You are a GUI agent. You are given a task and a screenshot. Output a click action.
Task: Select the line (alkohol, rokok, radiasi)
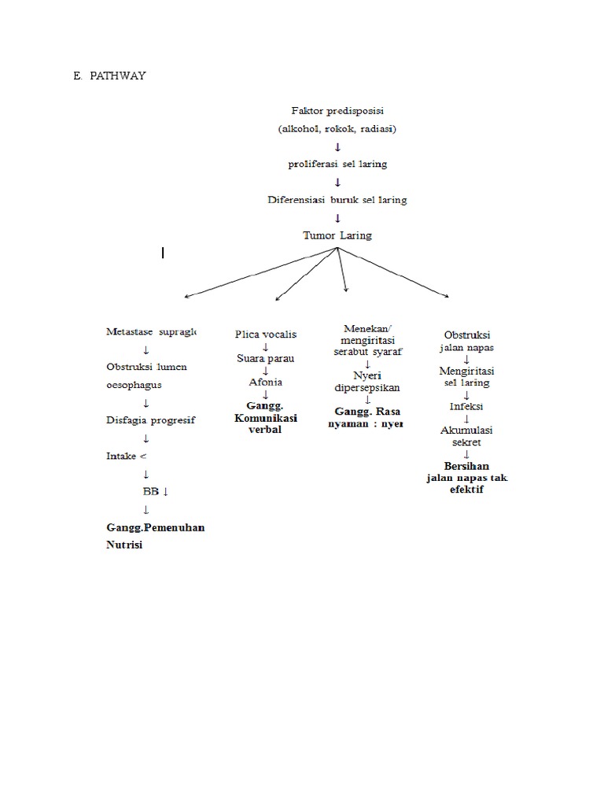(337, 129)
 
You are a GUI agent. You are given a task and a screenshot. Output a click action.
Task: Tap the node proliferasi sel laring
(337, 165)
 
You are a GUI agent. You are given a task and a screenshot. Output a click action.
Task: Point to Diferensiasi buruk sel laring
(337, 200)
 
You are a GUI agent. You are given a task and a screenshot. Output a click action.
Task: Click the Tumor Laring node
(337, 235)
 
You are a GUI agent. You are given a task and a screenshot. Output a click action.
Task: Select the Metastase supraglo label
(151, 332)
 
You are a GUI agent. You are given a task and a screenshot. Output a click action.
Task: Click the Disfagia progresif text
(150, 420)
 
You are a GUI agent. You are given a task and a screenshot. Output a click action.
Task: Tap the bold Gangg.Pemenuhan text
(155, 527)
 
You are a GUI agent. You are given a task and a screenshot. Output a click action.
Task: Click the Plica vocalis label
(266, 335)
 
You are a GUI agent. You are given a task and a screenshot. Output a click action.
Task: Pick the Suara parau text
(266, 359)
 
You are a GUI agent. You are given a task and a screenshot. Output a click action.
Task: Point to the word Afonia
(266, 383)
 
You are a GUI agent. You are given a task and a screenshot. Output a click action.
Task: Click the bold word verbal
(265, 431)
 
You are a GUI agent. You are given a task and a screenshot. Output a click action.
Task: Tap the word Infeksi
(466, 407)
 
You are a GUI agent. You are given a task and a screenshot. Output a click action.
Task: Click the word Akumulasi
(466, 430)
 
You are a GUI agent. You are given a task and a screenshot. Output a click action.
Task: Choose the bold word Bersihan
(466, 466)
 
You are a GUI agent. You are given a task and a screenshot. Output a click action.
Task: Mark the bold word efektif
(466, 490)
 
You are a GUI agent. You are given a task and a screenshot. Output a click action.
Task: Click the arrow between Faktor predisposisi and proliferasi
(337, 147)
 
